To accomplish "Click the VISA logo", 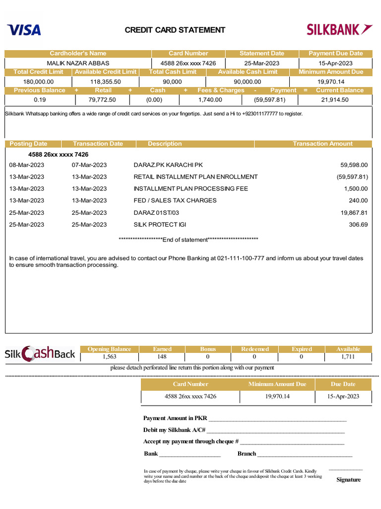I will (24, 30).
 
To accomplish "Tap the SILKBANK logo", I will (339, 30).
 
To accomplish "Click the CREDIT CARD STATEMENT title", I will (175, 30).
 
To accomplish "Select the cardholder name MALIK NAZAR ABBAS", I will (78, 63).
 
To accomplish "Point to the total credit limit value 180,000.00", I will (39, 82).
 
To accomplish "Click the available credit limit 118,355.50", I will (105, 82).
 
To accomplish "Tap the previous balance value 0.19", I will (40, 99).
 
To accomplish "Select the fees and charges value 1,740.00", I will (210, 99).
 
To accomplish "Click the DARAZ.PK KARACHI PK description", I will (168, 165).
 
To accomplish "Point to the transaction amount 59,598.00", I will (354, 165).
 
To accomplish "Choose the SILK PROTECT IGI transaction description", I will (160, 224).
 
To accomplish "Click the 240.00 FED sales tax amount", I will (358, 200).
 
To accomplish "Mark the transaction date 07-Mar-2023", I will (89, 165).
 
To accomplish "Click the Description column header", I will (165, 144).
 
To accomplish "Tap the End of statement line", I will (189, 240).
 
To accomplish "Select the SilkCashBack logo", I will (40, 353).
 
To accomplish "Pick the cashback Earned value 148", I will (162, 356).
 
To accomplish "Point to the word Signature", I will (348, 480).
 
